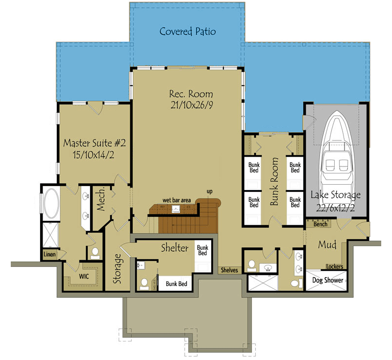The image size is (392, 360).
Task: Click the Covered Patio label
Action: click(x=188, y=32)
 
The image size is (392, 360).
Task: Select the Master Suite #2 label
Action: click(x=95, y=144)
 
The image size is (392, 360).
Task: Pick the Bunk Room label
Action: click(x=274, y=181)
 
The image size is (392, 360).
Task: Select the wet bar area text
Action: click(x=177, y=200)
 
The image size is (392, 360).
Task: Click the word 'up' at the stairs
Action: click(x=209, y=191)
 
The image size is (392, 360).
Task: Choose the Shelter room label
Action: click(x=174, y=248)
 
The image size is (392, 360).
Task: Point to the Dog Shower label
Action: click(x=328, y=281)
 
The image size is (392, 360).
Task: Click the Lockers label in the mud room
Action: click(x=334, y=267)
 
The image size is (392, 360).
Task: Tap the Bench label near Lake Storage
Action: click(x=320, y=224)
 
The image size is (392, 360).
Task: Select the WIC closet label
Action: click(x=84, y=276)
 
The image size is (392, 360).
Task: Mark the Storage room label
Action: click(x=118, y=269)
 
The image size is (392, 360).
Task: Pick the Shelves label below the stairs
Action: click(x=229, y=270)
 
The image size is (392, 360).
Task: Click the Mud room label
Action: click(x=327, y=244)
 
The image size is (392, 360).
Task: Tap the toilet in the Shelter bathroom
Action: click(x=145, y=284)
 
